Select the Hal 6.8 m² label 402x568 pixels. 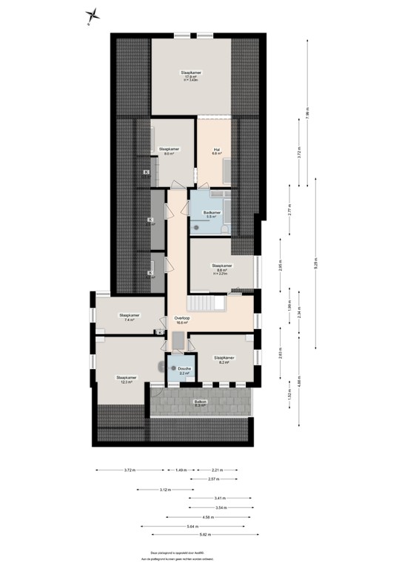click(x=218, y=152)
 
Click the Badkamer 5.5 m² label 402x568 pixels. click(x=212, y=215)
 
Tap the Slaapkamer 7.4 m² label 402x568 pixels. click(x=129, y=317)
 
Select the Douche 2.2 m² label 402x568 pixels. click(x=184, y=371)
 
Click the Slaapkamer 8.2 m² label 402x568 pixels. click(x=224, y=359)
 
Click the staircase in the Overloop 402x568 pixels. click(x=205, y=303)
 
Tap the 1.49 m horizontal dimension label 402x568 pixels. click(x=180, y=470)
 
